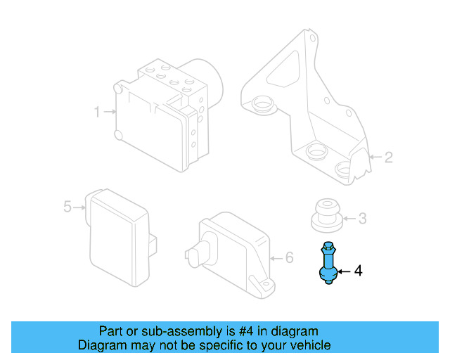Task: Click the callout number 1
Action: (x=97, y=111)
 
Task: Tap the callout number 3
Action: (x=362, y=219)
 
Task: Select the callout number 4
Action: (x=358, y=270)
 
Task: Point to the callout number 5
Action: (x=67, y=207)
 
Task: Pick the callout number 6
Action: (x=289, y=257)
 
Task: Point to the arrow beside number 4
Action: (x=345, y=270)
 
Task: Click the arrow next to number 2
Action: (x=375, y=157)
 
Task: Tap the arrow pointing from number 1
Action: (x=109, y=111)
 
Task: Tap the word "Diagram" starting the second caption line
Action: (x=100, y=345)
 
